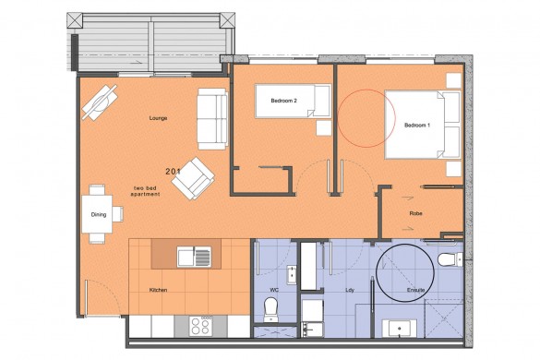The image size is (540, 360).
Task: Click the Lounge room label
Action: click(x=155, y=118)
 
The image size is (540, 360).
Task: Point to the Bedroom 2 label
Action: click(x=283, y=100)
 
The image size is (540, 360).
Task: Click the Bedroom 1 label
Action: click(x=417, y=126)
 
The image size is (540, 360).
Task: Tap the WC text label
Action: click(x=273, y=290)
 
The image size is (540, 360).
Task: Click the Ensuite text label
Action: click(x=416, y=290)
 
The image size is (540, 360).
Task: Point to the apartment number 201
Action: click(x=173, y=172)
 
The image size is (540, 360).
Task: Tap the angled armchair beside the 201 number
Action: click(x=193, y=179)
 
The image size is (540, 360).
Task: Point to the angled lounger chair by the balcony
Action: click(x=100, y=102)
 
